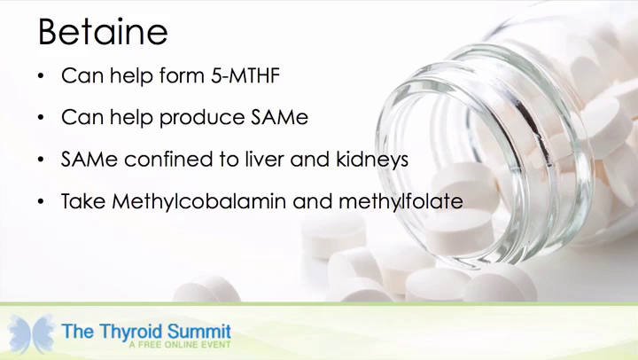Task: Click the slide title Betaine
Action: point(103,31)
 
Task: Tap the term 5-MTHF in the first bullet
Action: point(245,75)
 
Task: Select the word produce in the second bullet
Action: point(202,118)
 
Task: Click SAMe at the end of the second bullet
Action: point(279,117)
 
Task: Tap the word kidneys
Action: point(372,160)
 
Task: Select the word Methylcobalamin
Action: point(198,201)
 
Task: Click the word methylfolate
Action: point(401,201)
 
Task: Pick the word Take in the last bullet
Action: point(83,201)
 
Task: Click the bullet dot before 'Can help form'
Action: point(40,75)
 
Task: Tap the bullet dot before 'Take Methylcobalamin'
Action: point(40,201)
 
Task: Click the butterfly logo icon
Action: point(31,334)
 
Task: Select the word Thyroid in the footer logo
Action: point(131,332)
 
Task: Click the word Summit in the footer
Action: point(199,332)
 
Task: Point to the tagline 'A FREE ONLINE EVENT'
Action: point(180,345)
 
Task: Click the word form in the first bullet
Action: point(182,75)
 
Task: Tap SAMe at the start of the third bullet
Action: point(89,160)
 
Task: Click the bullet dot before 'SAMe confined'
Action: point(40,160)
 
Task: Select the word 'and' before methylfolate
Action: point(312,201)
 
